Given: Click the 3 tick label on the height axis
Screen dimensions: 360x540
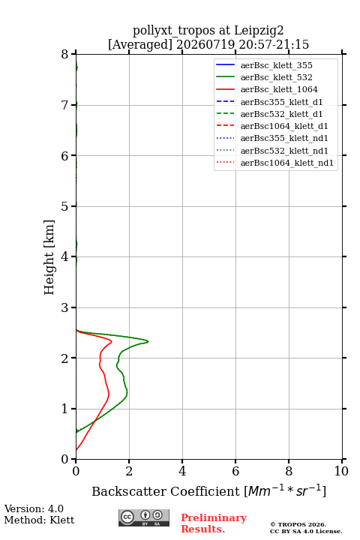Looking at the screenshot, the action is point(65,307).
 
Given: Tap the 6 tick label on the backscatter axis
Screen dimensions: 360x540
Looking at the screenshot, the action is point(235,471).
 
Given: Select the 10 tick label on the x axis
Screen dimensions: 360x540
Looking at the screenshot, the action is point(341,471).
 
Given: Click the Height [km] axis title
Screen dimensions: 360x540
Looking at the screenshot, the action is point(49,257).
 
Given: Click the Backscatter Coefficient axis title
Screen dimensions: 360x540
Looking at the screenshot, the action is point(208,491).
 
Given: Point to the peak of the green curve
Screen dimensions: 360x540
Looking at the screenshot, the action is point(148,342).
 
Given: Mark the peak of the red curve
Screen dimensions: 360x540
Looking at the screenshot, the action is point(112,342).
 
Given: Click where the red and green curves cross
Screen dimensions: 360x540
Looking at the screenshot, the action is point(95,420).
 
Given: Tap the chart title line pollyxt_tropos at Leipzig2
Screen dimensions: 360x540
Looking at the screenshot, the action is point(208,31).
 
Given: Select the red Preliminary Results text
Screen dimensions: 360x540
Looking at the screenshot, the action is point(214,523).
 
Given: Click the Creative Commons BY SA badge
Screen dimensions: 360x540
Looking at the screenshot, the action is point(144,518).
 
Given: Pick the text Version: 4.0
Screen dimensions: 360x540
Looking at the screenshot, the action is point(34,509).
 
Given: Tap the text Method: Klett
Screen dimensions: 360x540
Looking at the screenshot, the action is point(39,520).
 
